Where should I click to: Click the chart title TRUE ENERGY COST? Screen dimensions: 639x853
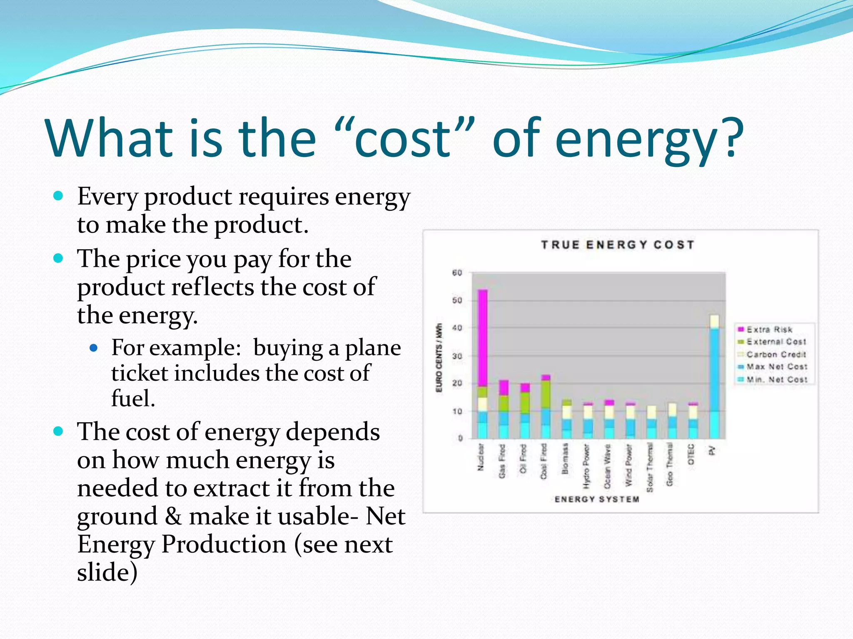point(617,245)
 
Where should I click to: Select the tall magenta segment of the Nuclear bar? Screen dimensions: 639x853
point(482,337)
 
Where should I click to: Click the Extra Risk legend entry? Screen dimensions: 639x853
point(769,329)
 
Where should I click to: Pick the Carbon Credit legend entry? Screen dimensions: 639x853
point(776,354)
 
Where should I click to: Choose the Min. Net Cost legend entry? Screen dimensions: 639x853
point(776,379)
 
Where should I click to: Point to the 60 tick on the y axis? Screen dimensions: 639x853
point(457,273)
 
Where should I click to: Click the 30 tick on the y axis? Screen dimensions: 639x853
point(457,356)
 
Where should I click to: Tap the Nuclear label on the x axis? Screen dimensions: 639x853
point(481,457)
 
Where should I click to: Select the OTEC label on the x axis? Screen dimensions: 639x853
point(691,454)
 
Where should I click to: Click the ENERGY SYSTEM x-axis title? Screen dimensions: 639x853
point(596,499)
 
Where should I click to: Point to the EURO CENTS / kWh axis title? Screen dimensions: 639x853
point(439,358)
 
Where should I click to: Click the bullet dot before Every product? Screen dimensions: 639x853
point(58,196)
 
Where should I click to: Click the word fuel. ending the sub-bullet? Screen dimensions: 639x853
point(133,399)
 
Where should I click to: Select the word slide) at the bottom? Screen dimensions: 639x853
point(107,572)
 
